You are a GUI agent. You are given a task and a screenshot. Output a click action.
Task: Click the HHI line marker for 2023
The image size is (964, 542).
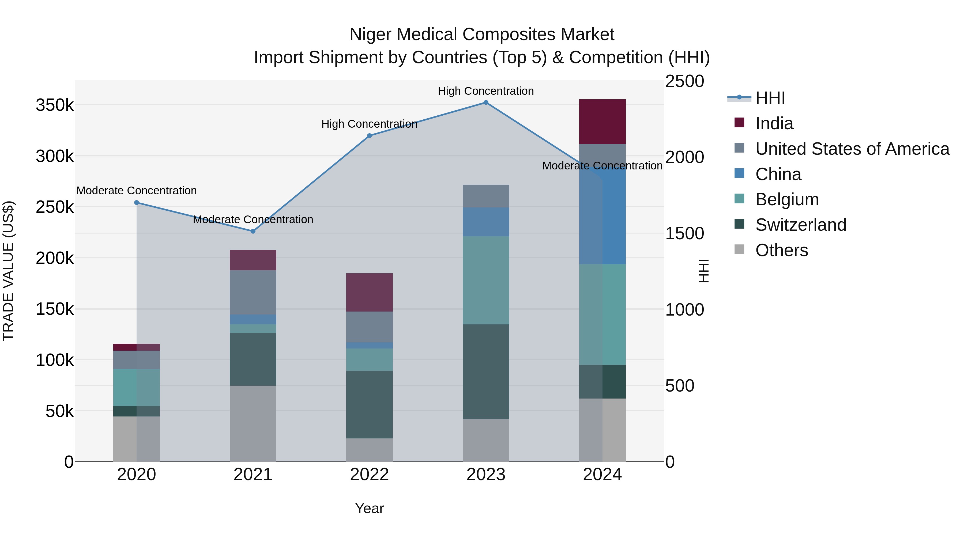pos(486,103)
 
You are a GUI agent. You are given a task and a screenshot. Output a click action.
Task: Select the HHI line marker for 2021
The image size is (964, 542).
pos(253,231)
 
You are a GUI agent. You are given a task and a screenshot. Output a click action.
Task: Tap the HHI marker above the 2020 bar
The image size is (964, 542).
pos(137,203)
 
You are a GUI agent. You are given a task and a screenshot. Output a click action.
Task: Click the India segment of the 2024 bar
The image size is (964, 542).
pos(602,122)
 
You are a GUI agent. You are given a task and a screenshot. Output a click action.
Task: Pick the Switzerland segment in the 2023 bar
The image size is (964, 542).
pos(486,372)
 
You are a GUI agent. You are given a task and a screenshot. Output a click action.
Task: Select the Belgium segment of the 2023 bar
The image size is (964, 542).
pos(486,280)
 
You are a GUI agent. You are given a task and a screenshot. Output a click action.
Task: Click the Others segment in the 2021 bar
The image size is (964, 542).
pos(253,423)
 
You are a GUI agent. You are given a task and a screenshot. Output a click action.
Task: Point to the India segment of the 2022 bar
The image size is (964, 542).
pos(369,293)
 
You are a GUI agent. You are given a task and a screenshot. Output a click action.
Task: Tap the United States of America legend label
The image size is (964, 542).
pos(852,149)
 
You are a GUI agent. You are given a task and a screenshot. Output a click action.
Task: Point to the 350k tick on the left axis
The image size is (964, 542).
pos(55,105)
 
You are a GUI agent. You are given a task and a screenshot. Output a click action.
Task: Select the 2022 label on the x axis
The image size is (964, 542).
pos(369,475)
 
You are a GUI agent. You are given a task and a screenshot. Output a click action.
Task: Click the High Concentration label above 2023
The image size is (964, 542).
pos(486,91)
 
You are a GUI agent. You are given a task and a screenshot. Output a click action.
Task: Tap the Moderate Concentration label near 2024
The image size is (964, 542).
pos(602,166)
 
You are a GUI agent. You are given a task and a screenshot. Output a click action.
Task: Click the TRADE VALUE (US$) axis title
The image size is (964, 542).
pos(8,271)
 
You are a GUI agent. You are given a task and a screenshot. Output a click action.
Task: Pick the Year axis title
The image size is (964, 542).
pos(369,508)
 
